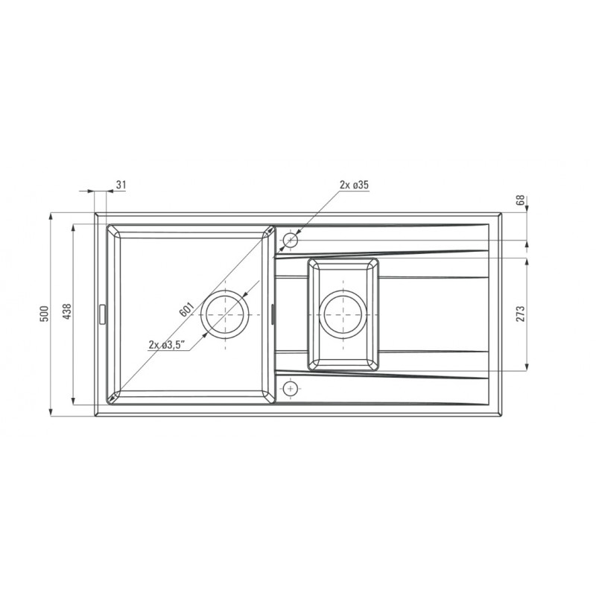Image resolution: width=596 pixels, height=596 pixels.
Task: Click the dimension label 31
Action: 121,185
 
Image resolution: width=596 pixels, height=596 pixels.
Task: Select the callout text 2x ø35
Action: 354,185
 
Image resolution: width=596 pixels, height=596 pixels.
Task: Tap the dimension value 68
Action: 521,200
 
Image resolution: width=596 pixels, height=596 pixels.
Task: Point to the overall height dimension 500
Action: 44,314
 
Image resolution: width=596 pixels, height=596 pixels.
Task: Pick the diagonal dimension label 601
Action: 186,309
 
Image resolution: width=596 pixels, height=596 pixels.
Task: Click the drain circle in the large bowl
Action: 225,314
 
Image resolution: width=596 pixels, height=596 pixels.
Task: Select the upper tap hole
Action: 291,241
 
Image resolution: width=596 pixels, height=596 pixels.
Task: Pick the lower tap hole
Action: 291,387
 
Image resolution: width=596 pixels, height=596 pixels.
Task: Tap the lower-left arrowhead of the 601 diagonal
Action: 112,398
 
